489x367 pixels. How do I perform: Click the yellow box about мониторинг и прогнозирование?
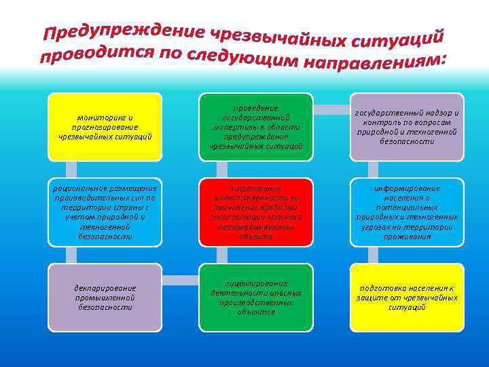pos(105,127)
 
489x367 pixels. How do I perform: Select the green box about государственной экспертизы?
pos(257,127)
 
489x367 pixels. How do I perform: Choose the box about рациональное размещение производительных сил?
pos(105,212)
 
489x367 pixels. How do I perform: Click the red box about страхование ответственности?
pos(257,212)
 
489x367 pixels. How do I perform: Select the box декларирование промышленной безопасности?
pos(105,297)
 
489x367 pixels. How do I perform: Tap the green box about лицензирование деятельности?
pos(257,297)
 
